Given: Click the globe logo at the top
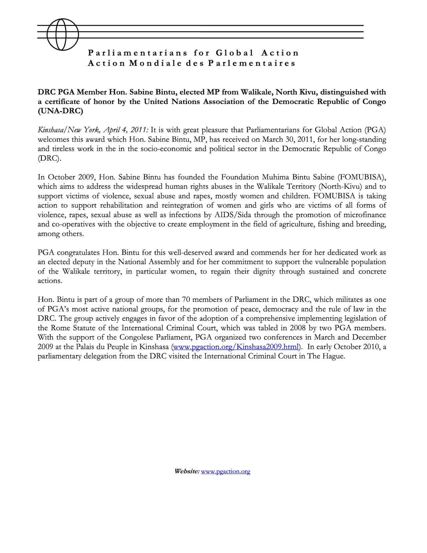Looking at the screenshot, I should pos(63,34).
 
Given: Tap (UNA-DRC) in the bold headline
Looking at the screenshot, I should pos(60,111).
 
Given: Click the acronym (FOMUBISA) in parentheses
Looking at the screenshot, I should pos(362,177).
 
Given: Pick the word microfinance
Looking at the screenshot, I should pos(362,215).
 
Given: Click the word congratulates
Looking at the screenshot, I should pos(78,252).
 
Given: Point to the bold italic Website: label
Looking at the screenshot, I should pos(187,471).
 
